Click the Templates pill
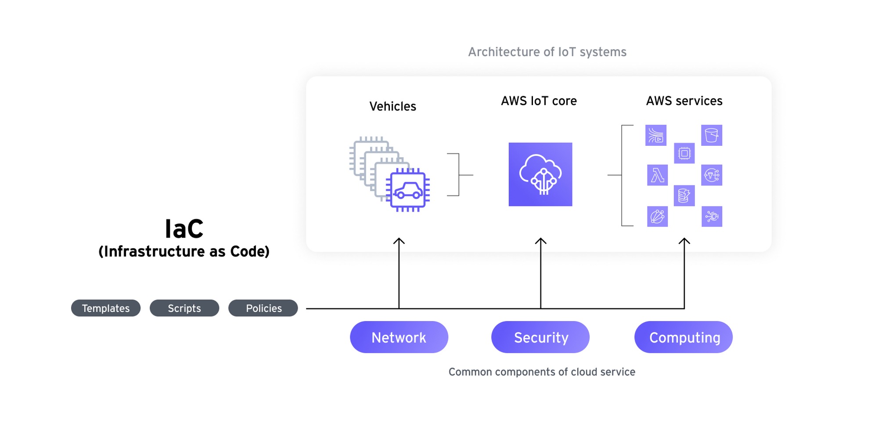click(x=106, y=308)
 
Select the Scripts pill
click(x=184, y=308)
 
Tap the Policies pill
click(x=263, y=308)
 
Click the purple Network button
click(x=399, y=337)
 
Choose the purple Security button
click(x=540, y=337)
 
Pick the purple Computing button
click(x=684, y=337)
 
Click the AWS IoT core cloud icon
click(x=540, y=174)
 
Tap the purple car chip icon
click(x=408, y=190)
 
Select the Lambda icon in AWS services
click(x=657, y=175)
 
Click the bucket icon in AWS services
click(x=712, y=135)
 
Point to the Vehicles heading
click(x=392, y=106)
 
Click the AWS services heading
click(x=684, y=101)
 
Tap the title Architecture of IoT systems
click(x=547, y=52)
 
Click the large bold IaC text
click(x=184, y=229)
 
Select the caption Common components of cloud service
click(x=542, y=372)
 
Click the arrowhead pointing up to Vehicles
click(x=399, y=241)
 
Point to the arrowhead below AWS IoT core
click(x=540, y=241)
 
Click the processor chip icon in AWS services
click(x=684, y=153)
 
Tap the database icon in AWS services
click(x=684, y=195)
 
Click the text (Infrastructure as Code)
click(x=184, y=251)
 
